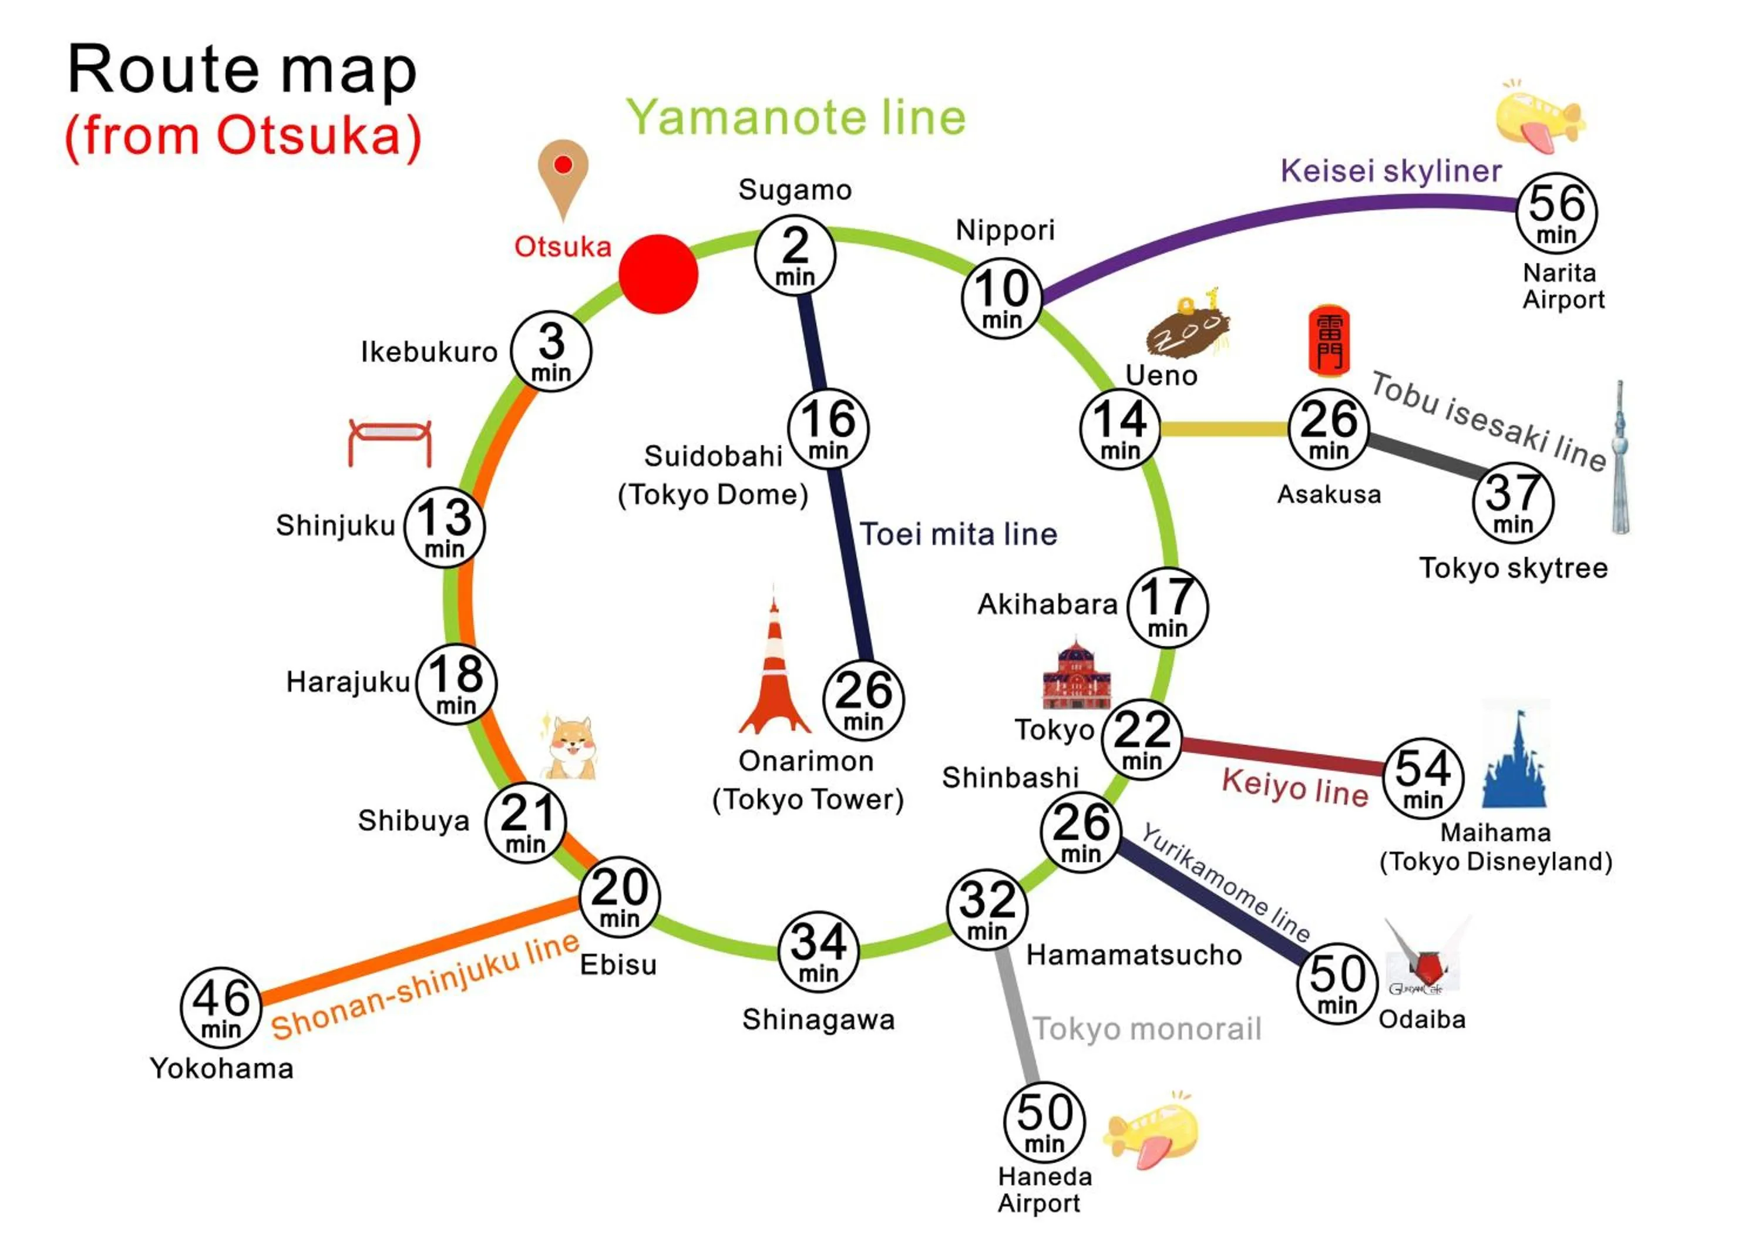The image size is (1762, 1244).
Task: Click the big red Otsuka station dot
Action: (x=658, y=274)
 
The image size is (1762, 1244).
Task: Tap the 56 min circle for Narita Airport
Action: (x=1556, y=213)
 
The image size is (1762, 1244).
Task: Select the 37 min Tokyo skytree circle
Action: (x=1512, y=503)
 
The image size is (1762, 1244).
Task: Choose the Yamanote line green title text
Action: (x=796, y=117)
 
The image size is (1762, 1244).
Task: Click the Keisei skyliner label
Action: (x=1391, y=170)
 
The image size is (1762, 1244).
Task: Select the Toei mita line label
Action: (x=958, y=534)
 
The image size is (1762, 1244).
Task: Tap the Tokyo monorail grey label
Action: (x=1146, y=1029)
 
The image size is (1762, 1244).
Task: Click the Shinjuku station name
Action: (x=335, y=526)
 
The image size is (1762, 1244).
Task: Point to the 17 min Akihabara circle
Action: (x=1167, y=607)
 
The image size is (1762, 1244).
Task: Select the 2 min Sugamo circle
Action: (x=795, y=255)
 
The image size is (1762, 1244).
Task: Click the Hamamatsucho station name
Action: (x=1134, y=956)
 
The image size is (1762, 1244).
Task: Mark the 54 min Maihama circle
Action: (x=1423, y=778)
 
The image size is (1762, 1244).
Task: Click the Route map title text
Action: (x=243, y=70)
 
